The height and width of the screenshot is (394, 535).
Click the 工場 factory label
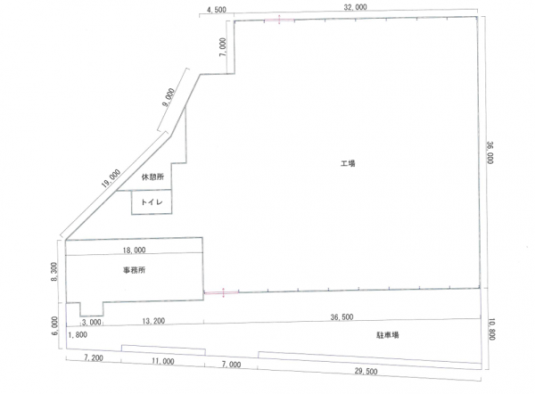tap(348, 163)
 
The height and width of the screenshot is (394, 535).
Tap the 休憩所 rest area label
tap(152, 176)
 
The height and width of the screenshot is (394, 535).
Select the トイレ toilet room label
tap(152, 202)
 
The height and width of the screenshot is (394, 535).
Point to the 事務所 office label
tap(134, 270)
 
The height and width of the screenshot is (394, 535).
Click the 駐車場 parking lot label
tap(388, 335)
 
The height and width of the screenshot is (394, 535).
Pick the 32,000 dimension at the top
tap(355, 7)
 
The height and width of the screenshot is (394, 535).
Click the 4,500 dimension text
tap(217, 10)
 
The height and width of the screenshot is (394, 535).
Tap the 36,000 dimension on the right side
tap(490, 152)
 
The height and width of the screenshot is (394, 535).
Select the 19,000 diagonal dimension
tap(111, 178)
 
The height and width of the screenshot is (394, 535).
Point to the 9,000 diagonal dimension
tap(169, 97)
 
